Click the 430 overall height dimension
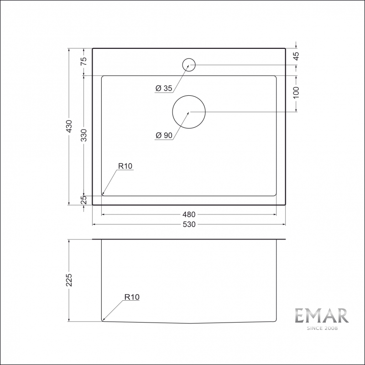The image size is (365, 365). (69, 126)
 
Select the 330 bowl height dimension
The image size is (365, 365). (84, 135)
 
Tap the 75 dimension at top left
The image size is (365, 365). (84, 62)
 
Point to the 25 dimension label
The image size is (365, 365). (84, 200)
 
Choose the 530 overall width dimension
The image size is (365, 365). (189, 224)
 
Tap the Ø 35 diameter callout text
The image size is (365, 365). (163, 89)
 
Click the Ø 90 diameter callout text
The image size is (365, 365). (163, 136)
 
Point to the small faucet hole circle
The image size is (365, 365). (189, 65)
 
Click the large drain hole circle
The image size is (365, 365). (189, 112)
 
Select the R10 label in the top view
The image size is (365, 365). (125, 167)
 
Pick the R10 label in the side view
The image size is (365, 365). (132, 297)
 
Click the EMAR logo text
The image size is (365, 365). (321, 316)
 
